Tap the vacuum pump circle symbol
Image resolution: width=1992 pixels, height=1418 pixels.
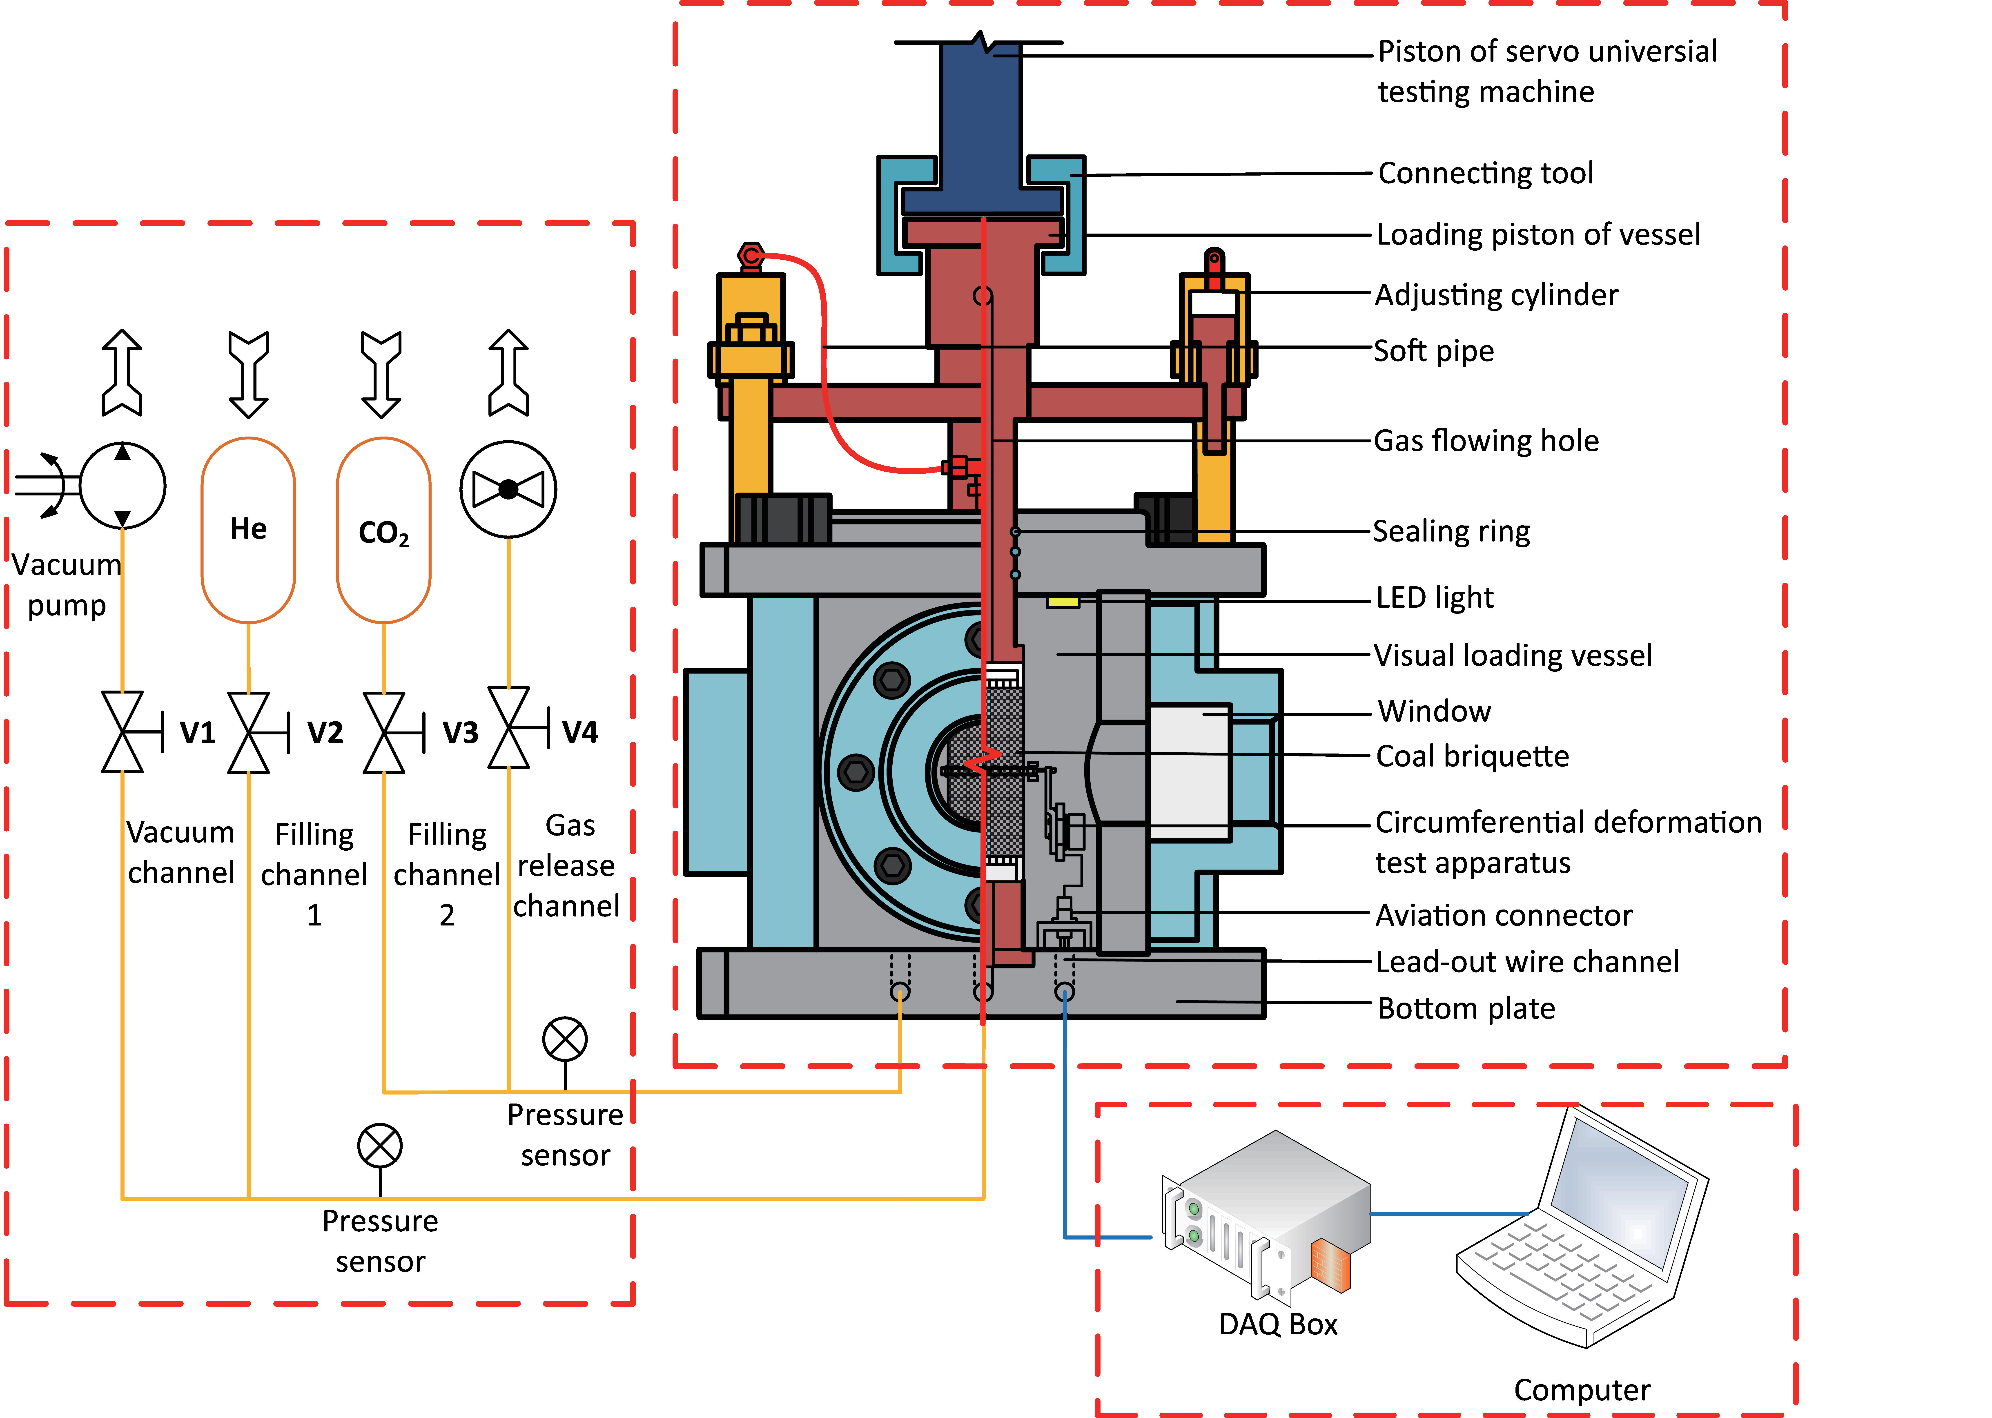pyautogui.click(x=122, y=486)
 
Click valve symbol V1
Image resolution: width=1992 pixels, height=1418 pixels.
pyautogui.click(x=123, y=732)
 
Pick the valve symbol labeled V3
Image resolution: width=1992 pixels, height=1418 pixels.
pyautogui.click(x=384, y=732)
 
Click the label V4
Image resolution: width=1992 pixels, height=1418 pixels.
pyautogui.click(x=580, y=732)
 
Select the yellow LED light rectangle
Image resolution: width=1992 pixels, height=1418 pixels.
pyautogui.click(x=1062, y=602)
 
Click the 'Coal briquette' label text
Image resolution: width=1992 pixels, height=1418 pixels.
pyautogui.click(x=1472, y=756)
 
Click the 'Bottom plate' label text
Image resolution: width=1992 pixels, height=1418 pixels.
pyautogui.click(x=1466, y=1008)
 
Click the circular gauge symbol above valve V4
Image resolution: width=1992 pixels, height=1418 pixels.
pyautogui.click(x=508, y=489)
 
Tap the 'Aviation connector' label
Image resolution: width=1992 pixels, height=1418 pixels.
pyautogui.click(x=1503, y=915)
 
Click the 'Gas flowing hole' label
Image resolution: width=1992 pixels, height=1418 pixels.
pyautogui.click(x=1486, y=441)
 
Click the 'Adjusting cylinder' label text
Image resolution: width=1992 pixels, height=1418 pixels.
pyautogui.click(x=1495, y=295)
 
